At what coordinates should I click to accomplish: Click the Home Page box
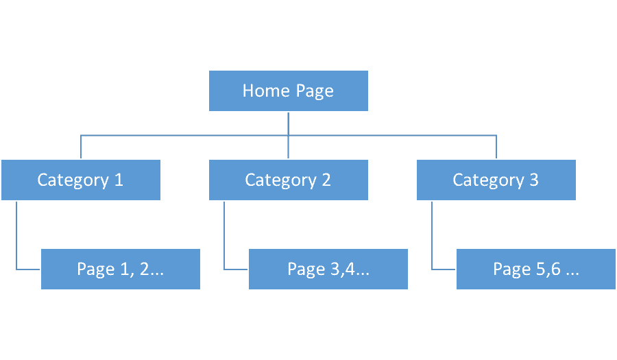point(289,91)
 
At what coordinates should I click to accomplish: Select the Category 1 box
point(81,180)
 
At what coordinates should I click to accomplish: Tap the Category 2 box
point(289,180)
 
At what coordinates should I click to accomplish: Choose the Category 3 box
point(496,180)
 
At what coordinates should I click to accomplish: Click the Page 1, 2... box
point(121,269)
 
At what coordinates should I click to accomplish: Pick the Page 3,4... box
point(328,269)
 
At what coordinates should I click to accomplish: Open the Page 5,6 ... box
point(536,269)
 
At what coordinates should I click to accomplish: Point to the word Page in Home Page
point(315,91)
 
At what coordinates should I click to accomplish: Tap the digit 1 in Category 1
point(119,180)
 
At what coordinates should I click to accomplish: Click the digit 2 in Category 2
point(326,180)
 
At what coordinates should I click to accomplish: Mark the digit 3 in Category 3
point(534,180)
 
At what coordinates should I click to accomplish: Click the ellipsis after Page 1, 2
point(157,270)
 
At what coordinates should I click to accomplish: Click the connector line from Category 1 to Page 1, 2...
point(16,237)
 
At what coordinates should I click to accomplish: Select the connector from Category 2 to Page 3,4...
point(224,237)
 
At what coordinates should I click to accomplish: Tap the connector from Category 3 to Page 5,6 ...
point(432,237)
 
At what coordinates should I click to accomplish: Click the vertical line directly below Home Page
point(289,123)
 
